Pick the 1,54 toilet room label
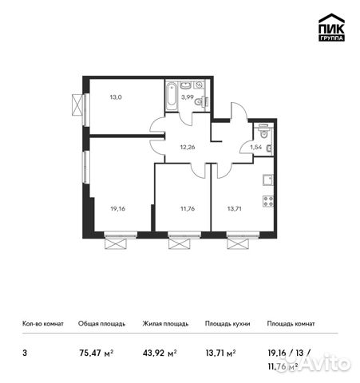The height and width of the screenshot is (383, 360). point(257,147)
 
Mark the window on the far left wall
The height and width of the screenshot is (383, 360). point(77,105)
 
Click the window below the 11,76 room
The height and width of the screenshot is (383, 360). point(180,239)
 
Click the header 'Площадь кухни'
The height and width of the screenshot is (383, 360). point(227,324)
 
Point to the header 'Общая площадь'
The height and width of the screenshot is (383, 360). point(101,324)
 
